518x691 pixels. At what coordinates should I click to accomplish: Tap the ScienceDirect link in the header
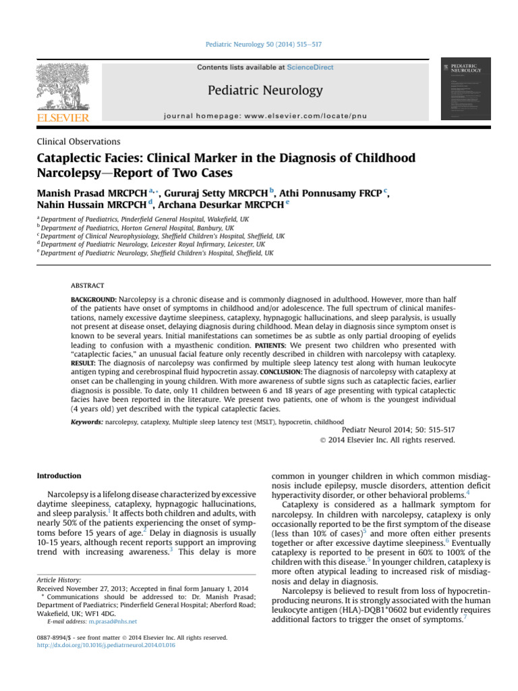310,67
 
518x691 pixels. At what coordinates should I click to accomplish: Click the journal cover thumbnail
465,88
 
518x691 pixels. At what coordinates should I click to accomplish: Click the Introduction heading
59,476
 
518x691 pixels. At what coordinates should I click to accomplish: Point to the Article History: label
59,580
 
